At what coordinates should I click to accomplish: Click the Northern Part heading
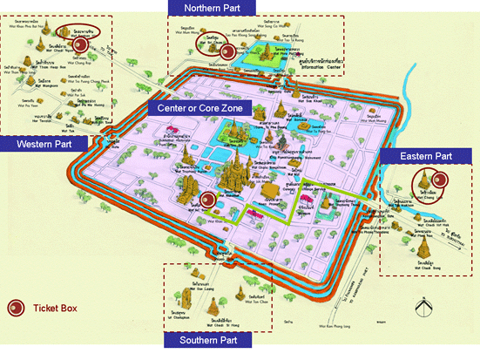click(x=213, y=8)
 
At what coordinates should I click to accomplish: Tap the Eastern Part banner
click(x=425, y=156)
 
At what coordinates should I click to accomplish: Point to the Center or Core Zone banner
click(x=199, y=109)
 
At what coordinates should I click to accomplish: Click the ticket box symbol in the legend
click(x=14, y=308)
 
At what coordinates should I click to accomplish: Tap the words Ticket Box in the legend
click(x=54, y=308)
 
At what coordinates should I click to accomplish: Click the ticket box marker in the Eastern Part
click(x=440, y=181)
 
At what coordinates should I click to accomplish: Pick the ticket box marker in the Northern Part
click(x=227, y=51)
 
